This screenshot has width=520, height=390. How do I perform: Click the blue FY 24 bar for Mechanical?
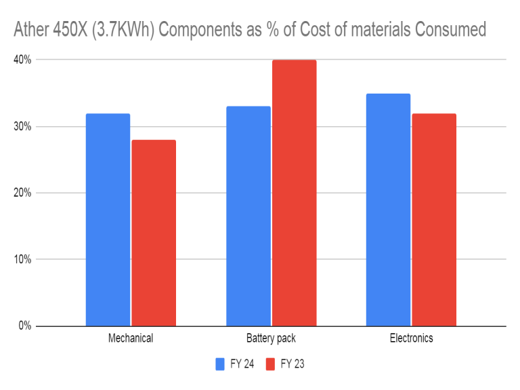click(108, 220)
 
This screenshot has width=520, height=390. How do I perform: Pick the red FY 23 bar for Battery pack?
click(294, 193)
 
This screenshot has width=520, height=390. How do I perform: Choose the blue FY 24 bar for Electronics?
click(388, 210)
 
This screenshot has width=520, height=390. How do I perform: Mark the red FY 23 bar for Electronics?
click(434, 220)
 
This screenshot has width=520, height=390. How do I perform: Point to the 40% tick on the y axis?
click(23, 60)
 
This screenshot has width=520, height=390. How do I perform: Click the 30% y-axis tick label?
click(23, 126)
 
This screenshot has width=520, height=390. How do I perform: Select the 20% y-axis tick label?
click(23, 193)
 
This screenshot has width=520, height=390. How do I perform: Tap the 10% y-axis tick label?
click(23, 259)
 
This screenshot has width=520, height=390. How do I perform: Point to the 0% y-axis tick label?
click(25, 326)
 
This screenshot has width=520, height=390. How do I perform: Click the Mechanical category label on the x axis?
click(131, 338)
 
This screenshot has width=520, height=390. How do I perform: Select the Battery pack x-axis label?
click(271, 338)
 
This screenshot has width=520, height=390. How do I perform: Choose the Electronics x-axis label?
click(411, 338)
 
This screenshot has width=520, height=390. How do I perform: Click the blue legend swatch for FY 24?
click(221, 364)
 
